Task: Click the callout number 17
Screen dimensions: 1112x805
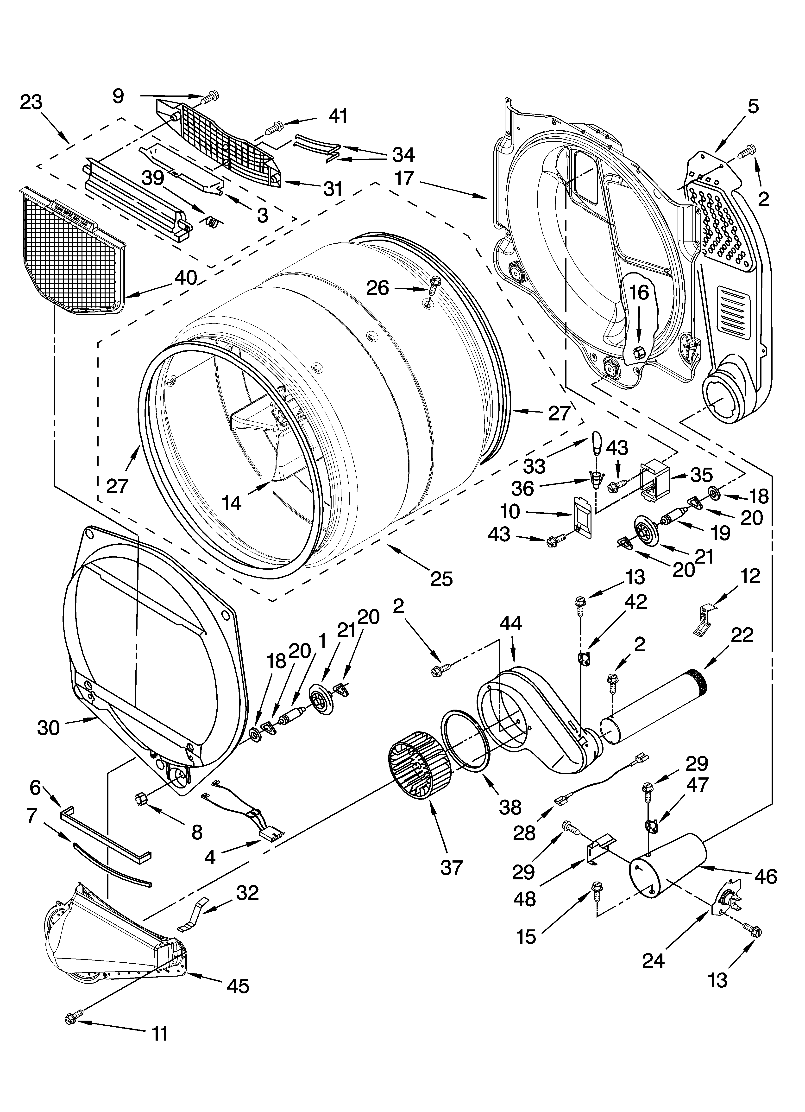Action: [x=404, y=178]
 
